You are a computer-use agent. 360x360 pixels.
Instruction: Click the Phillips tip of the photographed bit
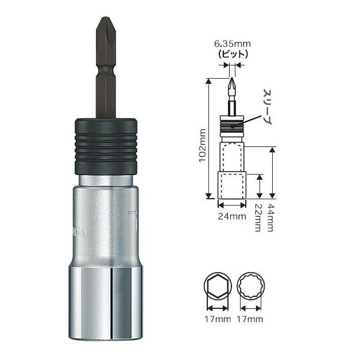pos(104,29)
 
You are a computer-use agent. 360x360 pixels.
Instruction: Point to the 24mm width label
pos(232,216)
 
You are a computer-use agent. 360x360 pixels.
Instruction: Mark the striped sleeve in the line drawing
pos(231,122)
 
